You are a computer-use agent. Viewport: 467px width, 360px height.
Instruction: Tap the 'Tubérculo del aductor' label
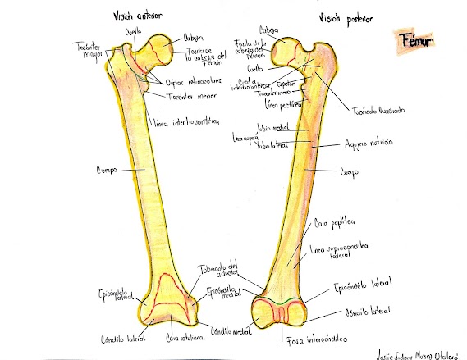point(215,271)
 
